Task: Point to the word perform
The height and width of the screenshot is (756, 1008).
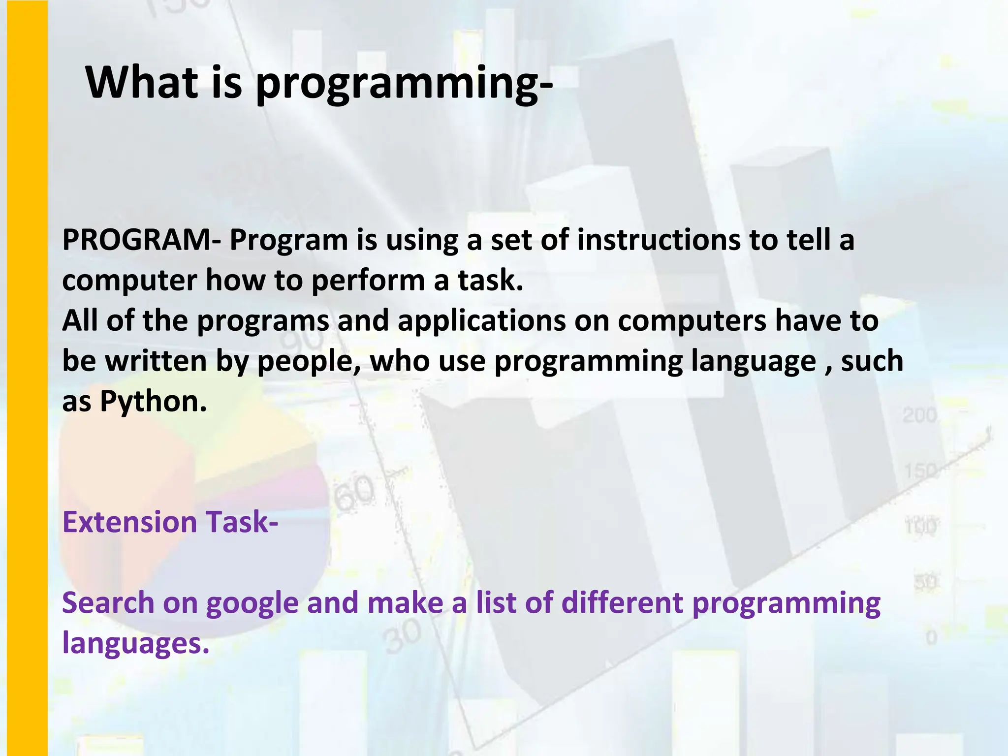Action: pyautogui.click(x=368, y=281)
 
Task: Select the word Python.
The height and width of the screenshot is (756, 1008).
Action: pyautogui.click(x=153, y=401)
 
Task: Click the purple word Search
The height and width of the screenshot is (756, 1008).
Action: pyautogui.click(x=108, y=603)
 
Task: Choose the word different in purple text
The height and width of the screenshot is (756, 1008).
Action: pyautogui.click(x=622, y=603)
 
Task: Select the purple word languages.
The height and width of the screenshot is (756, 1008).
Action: pyautogui.click(x=136, y=644)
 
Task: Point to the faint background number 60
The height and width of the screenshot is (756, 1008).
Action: pyautogui.click(x=354, y=495)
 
